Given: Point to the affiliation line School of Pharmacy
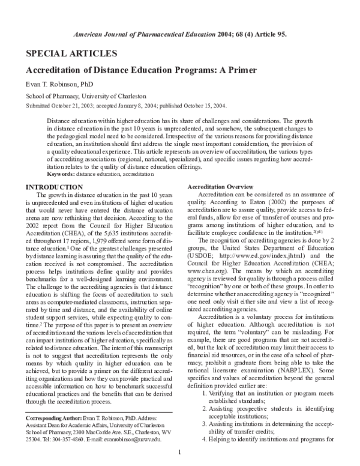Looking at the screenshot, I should [x=85, y=96].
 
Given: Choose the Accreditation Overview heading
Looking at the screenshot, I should [x=220, y=187].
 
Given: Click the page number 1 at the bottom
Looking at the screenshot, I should [x=180, y=460].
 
